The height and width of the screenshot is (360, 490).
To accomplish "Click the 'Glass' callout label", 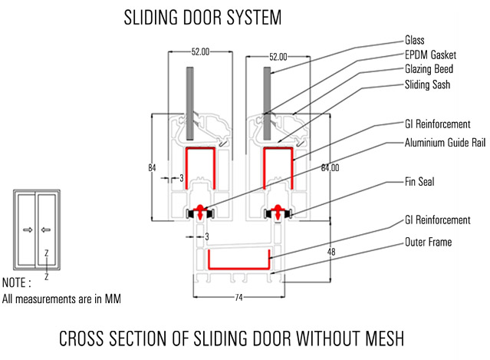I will pyautogui.click(x=415, y=40).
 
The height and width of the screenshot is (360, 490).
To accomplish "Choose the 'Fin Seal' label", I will pyautogui.click(x=420, y=183).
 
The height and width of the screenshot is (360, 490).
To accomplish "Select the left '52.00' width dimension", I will pyautogui.click(x=201, y=52).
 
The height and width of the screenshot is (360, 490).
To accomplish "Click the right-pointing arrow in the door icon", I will pyautogui.click(x=28, y=229).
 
